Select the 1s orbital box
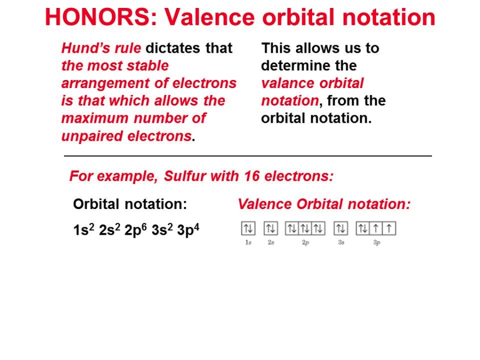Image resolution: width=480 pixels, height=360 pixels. coord(248,228)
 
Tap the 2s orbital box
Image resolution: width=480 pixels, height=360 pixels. coord(271,228)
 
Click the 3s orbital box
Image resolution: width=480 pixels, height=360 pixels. coord(341,228)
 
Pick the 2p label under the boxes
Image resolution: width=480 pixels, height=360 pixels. coord(306,243)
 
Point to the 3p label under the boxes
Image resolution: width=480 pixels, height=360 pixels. coord(377,243)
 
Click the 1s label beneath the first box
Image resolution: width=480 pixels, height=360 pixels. coord(248,243)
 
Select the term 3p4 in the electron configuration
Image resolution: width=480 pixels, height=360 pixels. coord(188,230)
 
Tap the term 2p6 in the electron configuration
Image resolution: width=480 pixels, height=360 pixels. coord(135,230)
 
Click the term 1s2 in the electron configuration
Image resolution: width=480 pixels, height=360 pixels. coord(84,230)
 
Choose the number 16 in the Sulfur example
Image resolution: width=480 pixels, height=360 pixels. coord(252,176)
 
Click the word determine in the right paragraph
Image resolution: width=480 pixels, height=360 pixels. coord(291,66)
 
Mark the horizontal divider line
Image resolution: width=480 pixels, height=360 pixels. coord(248,156)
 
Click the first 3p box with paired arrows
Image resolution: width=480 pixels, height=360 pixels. coord(363,228)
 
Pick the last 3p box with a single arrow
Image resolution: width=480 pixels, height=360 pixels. coord(389,228)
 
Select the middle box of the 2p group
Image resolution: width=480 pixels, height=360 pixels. coord(305,228)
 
